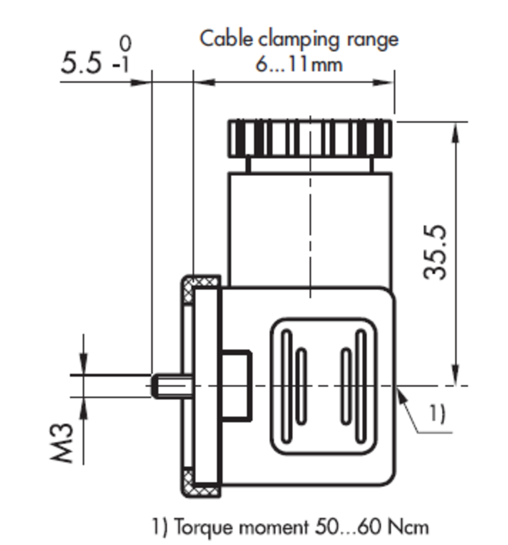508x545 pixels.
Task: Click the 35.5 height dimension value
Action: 435,252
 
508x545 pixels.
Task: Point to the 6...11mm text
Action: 299,65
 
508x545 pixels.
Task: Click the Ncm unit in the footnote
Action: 408,526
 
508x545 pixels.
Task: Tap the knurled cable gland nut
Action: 310,138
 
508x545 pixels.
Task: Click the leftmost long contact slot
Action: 287,386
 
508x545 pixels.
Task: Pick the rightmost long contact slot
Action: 361,386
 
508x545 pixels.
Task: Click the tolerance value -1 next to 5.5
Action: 121,66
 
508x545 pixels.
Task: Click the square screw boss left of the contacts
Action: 236,386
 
